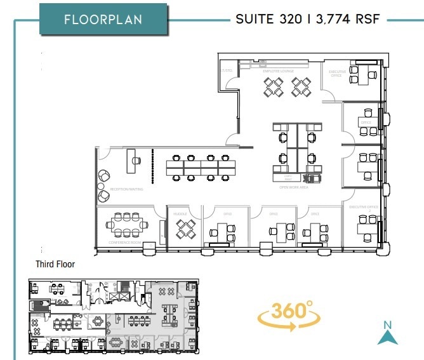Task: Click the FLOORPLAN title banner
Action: [103, 19]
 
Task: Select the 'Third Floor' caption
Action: [55, 264]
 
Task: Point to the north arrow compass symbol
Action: [387, 333]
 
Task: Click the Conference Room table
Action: [128, 224]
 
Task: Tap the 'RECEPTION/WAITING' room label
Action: [127, 189]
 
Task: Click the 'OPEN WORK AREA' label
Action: [294, 188]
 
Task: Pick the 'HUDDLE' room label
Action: [180, 214]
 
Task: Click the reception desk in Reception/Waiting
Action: [133, 156]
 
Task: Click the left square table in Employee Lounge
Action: [274, 86]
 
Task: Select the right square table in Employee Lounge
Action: [301, 86]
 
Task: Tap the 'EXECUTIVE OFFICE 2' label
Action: [363, 208]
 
